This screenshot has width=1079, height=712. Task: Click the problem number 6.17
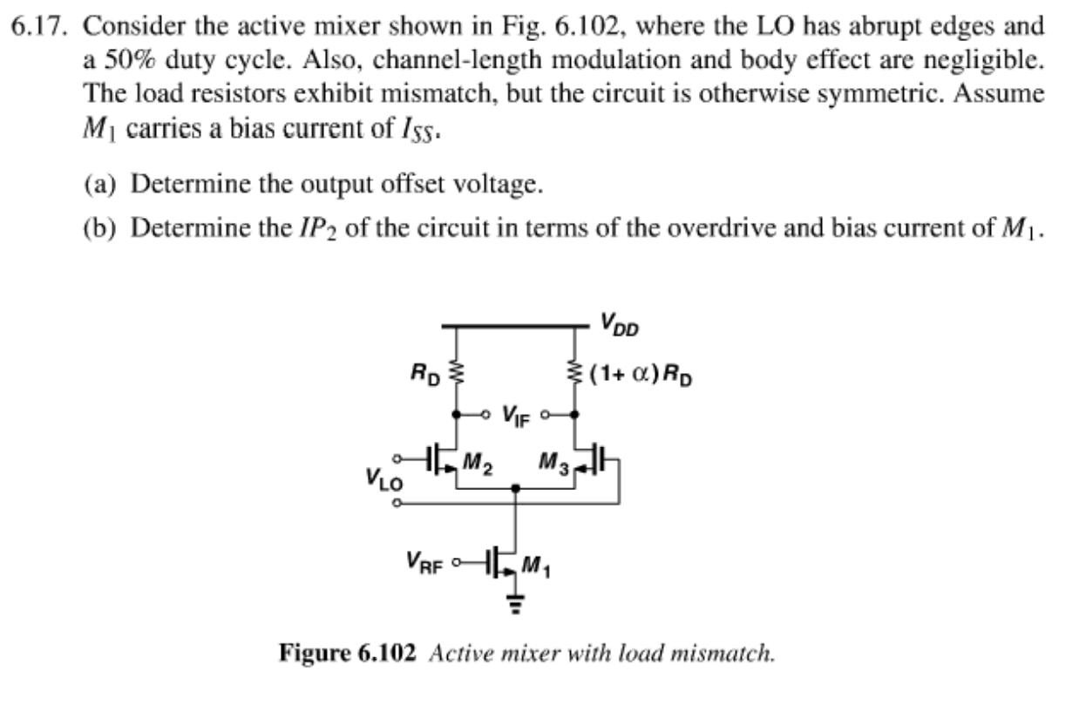click(x=42, y=25)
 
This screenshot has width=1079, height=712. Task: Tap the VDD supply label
click(x=619, y=329)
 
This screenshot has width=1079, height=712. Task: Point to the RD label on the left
click(x=426, y=376)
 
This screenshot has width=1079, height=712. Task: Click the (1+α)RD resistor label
click(x=641, y=376)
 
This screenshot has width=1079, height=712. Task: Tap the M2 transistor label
click(x=478, y=463)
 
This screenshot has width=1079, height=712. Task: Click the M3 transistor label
click(x=553, y=463)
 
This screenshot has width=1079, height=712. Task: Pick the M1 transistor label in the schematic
click(x=536, y=567)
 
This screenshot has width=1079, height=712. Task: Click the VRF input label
click(x=424, y=561)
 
